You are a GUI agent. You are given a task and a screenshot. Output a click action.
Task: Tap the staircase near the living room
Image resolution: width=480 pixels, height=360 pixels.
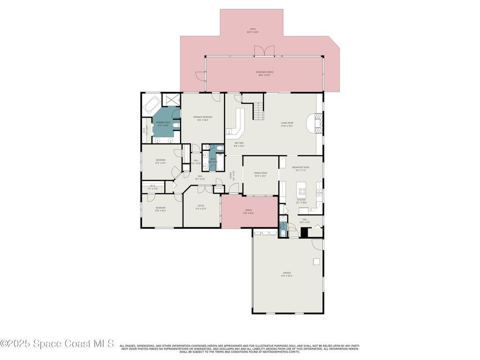259,112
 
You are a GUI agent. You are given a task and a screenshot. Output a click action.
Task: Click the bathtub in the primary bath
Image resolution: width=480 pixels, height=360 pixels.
151,105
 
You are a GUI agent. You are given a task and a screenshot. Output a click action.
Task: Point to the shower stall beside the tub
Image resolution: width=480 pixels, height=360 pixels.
171,100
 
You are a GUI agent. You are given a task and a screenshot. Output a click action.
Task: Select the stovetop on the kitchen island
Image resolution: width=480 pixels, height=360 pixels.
302,191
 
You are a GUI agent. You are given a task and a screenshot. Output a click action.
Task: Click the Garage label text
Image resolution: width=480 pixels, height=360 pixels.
286,273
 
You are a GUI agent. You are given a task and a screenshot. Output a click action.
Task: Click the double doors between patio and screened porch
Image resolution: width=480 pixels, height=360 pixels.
264,51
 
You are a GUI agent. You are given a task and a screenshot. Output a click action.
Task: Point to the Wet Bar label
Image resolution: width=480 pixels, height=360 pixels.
239,143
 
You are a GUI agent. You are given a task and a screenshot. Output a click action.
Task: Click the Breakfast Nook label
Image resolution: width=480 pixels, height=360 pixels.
300,167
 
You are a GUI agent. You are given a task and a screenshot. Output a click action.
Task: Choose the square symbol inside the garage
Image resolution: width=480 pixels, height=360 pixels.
316,262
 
